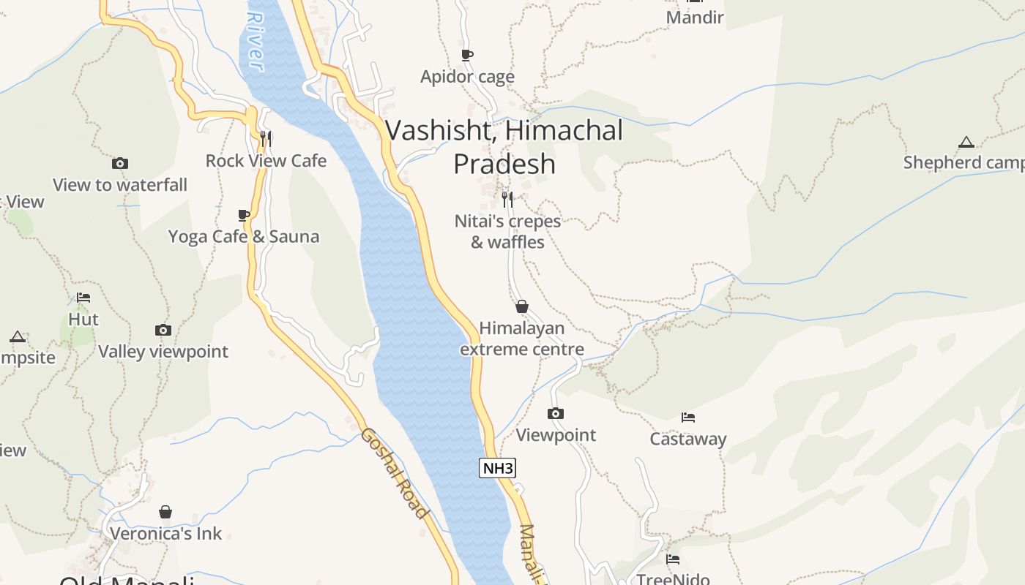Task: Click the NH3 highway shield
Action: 497,468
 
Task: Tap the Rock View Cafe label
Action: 266,161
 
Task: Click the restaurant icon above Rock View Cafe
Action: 266,137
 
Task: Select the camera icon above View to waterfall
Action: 120,163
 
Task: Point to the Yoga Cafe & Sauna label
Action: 244,237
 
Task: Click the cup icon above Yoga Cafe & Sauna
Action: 244,215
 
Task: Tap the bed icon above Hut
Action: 83,298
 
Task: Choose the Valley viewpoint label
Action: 163,352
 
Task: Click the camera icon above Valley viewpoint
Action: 163,331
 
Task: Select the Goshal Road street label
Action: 393,473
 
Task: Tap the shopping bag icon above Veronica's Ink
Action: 165,512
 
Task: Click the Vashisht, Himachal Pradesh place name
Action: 504,147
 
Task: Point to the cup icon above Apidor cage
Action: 467,55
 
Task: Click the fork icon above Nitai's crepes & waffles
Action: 507,199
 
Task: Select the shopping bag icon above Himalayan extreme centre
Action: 522,306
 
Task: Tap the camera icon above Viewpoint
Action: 556,414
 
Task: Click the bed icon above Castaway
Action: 688,418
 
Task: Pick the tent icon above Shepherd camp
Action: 966,142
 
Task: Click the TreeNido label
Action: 673,579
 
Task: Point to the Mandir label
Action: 695,18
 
